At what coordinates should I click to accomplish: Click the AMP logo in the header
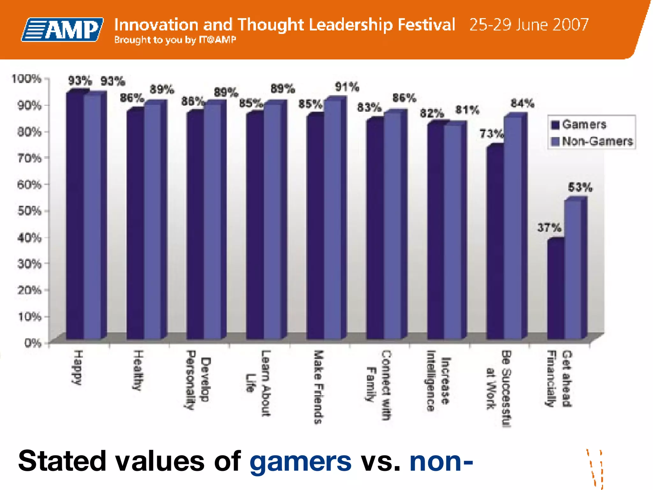click(62, 29)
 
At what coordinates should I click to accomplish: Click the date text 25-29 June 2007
click(529, 25)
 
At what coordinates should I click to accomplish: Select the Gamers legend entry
click(578, 124)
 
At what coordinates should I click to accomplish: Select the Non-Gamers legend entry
click(592, 141)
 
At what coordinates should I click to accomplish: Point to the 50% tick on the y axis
click(29, 211)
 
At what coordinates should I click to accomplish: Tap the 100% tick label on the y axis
click(27, 78)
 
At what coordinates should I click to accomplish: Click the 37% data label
click(549, 228)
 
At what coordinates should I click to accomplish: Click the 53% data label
click(580, 187)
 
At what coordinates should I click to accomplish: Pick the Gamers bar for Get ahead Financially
click(555, 290)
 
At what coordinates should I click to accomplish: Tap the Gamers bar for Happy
click(75, 217)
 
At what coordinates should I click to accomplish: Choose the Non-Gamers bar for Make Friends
click(333, 220)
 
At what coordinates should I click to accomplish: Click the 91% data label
click(347, 87)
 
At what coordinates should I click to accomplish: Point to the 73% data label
click(491, 134)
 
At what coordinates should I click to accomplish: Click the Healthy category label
click(138, 370)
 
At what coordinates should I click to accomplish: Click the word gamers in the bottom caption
click(300, 461)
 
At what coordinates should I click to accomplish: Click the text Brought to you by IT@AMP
click(175, 40)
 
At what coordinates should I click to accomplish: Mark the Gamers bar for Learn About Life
click(255, 226)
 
